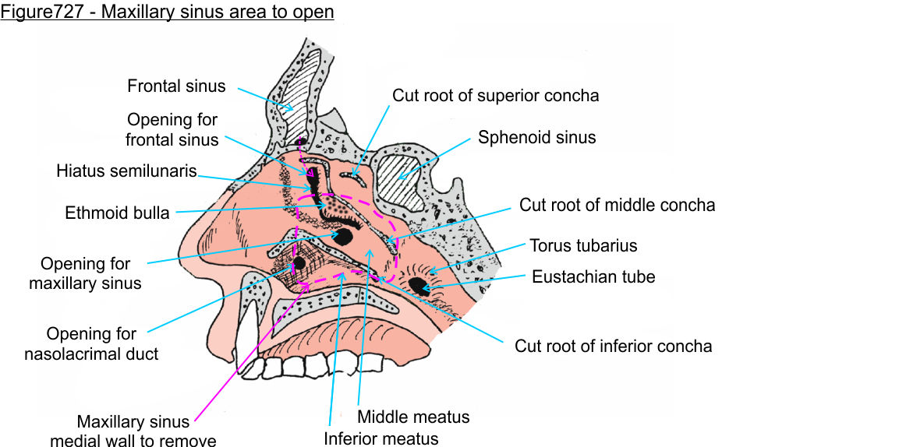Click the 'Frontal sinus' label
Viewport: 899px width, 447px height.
click(176, 86)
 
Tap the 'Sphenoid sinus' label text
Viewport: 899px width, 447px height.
click(536, 138)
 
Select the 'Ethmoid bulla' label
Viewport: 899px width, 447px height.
click(117, 213)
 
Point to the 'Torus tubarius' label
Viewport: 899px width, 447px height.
click(583, 246)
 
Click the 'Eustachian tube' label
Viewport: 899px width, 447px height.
click(593, 276)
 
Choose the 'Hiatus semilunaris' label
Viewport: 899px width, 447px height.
click(126, 171)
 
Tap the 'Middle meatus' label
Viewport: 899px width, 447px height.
click(413, 417)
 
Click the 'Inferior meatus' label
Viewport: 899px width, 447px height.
click(381, 438)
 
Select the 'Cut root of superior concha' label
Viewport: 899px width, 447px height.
click(495, 96)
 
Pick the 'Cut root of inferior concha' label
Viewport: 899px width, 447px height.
click(613, 346)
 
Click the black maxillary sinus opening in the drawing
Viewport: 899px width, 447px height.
click(343, 234)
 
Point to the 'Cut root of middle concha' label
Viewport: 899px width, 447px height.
click(617, 206)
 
